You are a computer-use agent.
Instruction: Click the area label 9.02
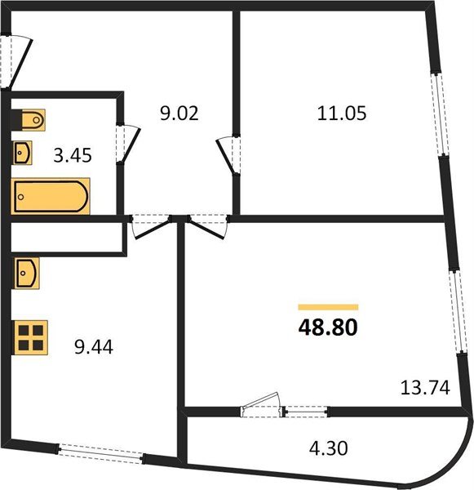(179, 114)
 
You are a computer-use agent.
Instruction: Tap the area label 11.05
(342, 114)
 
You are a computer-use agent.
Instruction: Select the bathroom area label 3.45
(73, 154)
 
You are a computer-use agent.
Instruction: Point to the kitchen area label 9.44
(92, 348)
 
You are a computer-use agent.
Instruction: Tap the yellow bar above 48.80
(328, 306)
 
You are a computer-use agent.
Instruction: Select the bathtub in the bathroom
(51, 198)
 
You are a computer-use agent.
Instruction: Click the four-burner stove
(31, 338)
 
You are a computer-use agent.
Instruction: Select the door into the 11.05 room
(228, 154)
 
